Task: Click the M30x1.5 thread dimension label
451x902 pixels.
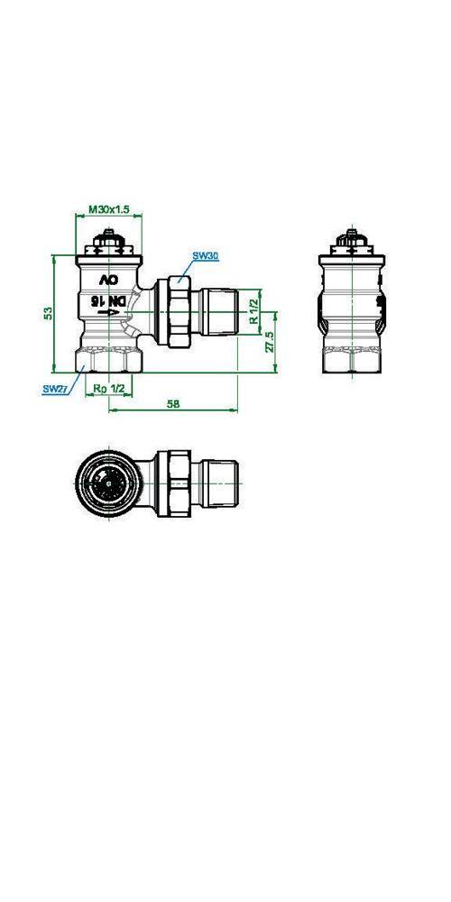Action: pos(109,209)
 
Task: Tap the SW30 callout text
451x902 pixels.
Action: pos(207,256)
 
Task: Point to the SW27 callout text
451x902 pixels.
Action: pos(55,389)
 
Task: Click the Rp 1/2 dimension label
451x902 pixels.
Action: pos(109,389)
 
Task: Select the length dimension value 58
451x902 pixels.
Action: pos(173,405)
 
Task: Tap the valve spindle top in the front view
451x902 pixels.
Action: pos(109,242)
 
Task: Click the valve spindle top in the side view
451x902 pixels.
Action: pos(354,242)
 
